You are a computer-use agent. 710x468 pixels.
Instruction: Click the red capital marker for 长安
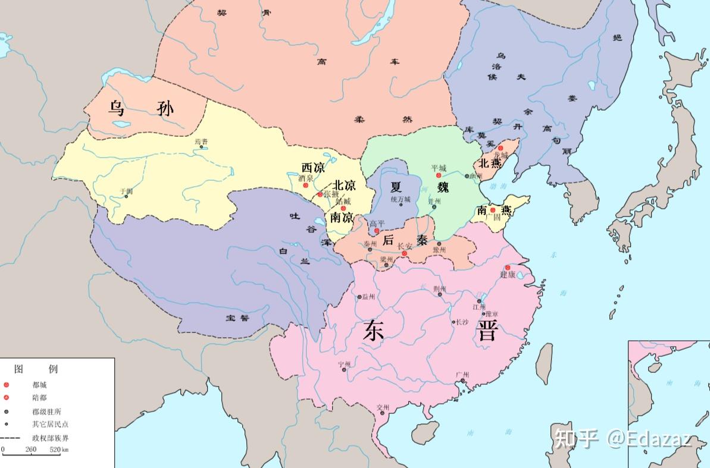(x=405, y=254)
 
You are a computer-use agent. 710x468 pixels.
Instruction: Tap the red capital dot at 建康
(x=508, y=268)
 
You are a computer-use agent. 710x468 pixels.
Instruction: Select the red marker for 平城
(x=439, y=176)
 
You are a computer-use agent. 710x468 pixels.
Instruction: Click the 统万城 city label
(x=401, y=199)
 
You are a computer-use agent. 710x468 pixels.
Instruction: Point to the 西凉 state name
(x=314, y=168)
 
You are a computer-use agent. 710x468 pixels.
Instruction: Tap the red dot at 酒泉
(x=306, y=186)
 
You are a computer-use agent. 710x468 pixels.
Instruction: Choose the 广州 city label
(x=462, y=375)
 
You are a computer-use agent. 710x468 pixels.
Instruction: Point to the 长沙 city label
(x=462, y=322)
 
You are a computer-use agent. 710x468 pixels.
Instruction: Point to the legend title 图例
(x=36, y=369)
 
